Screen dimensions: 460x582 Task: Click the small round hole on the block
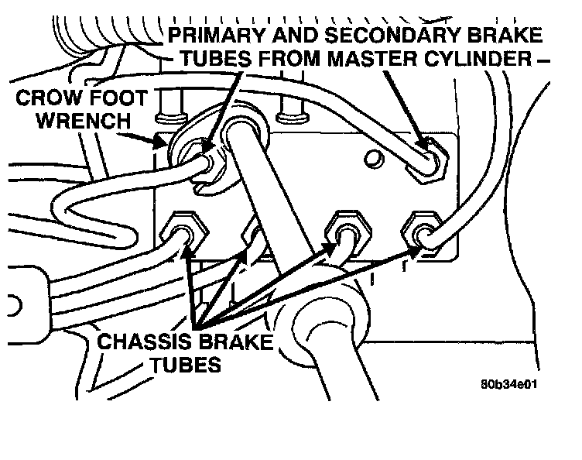pos(375,159)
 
